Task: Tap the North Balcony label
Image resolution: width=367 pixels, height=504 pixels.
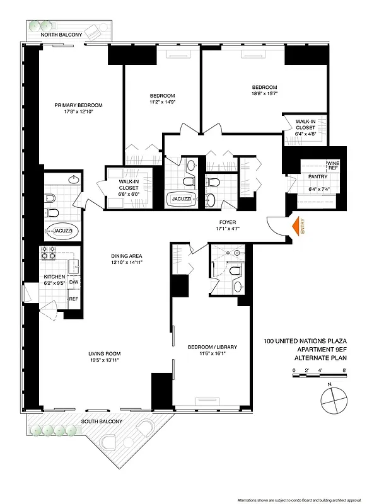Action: tap(61, 35)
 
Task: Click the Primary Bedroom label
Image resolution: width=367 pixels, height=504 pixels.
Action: tap(78, 105)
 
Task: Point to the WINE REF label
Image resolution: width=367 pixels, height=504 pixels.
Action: tap(333, 165)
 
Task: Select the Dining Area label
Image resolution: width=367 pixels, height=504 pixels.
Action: tap(126, 256)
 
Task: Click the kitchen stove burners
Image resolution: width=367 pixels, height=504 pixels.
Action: tap(49, 253)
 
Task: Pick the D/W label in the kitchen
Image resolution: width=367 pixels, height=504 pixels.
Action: tap(73, 282)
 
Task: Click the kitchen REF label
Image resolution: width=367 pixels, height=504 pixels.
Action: tap(73, 299)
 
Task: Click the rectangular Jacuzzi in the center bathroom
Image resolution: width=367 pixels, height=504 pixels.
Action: tap(182, 201)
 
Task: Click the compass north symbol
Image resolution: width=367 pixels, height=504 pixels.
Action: tap(332, 398)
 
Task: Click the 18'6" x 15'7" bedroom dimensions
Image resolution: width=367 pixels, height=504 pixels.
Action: tap(264, 94)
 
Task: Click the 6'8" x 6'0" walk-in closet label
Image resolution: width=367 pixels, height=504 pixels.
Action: tap(129, 194)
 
